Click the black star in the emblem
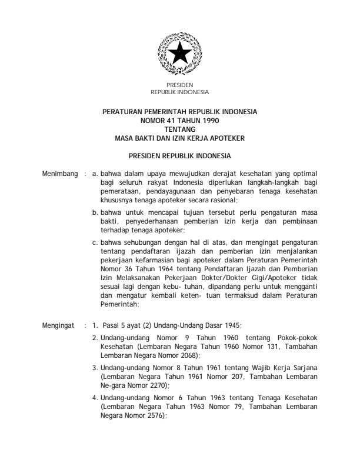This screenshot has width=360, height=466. tap(179, 55)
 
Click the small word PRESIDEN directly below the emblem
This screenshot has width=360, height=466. tap(179, 86)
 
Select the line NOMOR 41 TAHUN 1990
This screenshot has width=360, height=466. tap(179, 118)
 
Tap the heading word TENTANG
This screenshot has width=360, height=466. tap(179, 125)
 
